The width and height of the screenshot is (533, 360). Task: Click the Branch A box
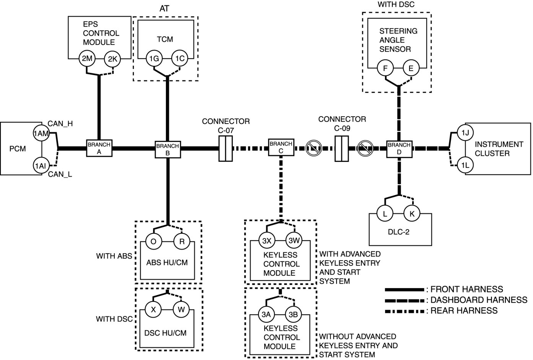click(x=99, y=148)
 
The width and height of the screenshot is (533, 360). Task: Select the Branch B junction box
click(x=167, y=149)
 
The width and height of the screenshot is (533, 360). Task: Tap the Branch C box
click(x=281, y=147)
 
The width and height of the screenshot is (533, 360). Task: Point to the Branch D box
click(x=399, y=148)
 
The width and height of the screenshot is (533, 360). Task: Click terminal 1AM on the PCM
click(x=41, y=133)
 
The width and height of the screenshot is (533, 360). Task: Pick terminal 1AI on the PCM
click(x=41, y=166)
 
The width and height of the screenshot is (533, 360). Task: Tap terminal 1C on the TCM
click(x=180, y=59)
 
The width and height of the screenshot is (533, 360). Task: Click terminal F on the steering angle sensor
click(x=385, y=69)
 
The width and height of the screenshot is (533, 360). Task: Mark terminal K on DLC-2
click(x=412, y=213)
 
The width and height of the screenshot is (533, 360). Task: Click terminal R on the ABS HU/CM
click(x=182, y=242)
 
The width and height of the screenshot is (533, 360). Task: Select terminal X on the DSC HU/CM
click(x=153, y=310)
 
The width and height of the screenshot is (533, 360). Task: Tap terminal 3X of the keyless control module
click(x=266, y=241)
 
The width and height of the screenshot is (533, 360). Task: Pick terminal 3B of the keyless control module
click(x=294, y=314)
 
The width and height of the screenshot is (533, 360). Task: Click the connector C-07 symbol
click(x=226, y=148)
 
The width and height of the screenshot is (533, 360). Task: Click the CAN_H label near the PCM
click(x=60, y=124)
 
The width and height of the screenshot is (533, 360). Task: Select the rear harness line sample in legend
click(x=405, y=311)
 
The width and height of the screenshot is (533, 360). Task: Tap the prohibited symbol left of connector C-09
click(x=314, y=148)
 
